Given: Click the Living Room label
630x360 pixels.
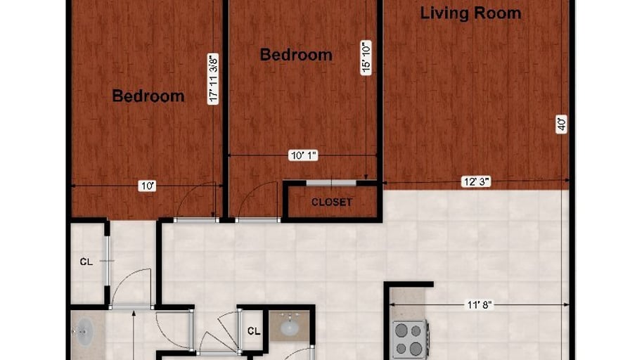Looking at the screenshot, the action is [470, 13].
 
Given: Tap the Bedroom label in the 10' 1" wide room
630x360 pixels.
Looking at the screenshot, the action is [296, 55].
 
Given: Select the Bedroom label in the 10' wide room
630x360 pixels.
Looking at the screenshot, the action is [148, 96].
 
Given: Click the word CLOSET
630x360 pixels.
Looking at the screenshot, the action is [332, 202].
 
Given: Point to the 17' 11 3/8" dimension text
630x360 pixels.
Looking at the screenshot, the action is [213, 79].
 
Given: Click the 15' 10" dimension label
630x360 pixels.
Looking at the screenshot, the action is [366, 58].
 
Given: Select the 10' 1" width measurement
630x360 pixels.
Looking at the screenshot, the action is [303, 155].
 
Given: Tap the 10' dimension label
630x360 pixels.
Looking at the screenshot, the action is [147, 186].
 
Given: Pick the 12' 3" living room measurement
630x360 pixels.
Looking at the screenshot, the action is [477, 181].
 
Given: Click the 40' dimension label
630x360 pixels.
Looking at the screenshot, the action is [561, 124].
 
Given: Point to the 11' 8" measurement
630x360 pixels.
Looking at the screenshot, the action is [480, 305].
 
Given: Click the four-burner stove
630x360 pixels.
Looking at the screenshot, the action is [410, 339].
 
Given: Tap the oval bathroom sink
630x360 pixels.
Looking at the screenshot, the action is [84, 333].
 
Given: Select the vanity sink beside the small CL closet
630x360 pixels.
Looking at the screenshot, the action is [290, 327].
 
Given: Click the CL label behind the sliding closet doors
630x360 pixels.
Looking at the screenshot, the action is [86, 262].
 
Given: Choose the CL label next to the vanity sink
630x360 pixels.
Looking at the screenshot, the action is [254, 331].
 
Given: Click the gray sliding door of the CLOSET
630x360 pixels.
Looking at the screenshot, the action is [331, 184].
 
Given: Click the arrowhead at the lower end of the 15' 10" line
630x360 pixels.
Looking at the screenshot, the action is [366, 177].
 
